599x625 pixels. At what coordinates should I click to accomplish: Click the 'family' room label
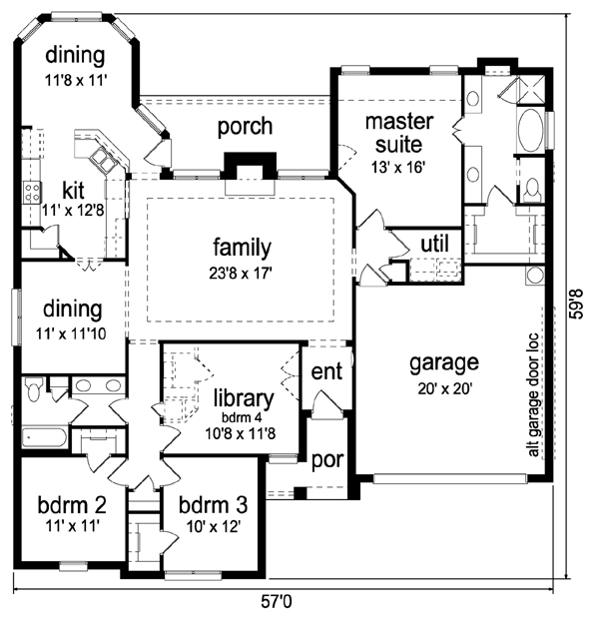(x=242, y=248)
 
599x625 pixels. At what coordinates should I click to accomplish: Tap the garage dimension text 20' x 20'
(x=445, y=388)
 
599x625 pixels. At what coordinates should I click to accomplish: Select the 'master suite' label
(x=399, y=133)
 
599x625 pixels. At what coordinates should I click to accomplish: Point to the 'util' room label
(x=435, y=244)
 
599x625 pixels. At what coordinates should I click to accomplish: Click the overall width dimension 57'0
(x=277, y=601)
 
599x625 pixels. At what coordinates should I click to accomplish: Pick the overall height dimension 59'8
(x=577, y=304)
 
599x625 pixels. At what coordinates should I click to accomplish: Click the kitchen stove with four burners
(x=32, y=192)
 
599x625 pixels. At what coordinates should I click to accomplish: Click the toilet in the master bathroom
(x=532, y=190)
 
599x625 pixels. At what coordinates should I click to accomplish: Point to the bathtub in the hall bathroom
(x=44, y=438)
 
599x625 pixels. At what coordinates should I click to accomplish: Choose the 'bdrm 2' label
(x=72, y=505)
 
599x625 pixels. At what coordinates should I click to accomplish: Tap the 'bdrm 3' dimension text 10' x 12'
(x=214, y=527)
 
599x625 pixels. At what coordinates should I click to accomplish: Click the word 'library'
(x=244, y=398)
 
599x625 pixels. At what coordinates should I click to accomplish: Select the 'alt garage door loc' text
(x=533, y=395)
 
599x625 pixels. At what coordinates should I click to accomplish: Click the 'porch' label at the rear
(x=246, y=127)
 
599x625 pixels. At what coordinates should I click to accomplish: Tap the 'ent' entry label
(x=326, y=371)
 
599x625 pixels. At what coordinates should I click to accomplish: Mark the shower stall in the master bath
(x=530, y=90)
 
